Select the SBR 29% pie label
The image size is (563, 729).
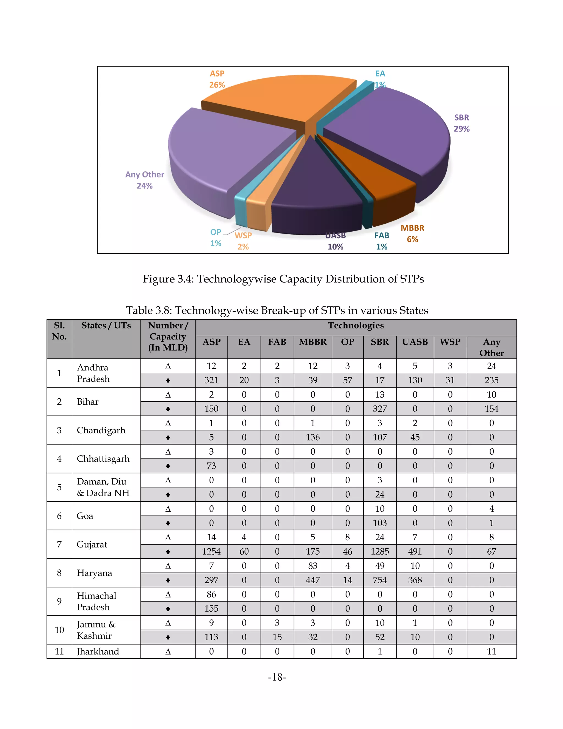point(462,123)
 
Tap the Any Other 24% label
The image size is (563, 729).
point(145,180)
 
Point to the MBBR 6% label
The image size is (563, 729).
point(412,234)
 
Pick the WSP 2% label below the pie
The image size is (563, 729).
point(243,241)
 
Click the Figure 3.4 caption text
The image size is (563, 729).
point(283,279)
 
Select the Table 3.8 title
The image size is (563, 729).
point(277,310)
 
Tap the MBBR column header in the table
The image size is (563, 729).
point(313,342)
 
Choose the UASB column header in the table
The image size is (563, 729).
point(415,342)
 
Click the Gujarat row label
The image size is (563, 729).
point(92,544)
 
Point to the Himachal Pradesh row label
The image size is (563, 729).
point(96,601)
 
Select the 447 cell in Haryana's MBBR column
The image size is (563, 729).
point(313,580)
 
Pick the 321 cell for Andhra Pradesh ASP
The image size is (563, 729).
point(211,380)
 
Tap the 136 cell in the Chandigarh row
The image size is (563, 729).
point(313,437)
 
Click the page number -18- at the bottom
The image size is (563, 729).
point(277,677)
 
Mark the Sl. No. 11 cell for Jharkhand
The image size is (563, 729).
point(59,651)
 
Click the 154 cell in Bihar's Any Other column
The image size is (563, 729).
point(491,409)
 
